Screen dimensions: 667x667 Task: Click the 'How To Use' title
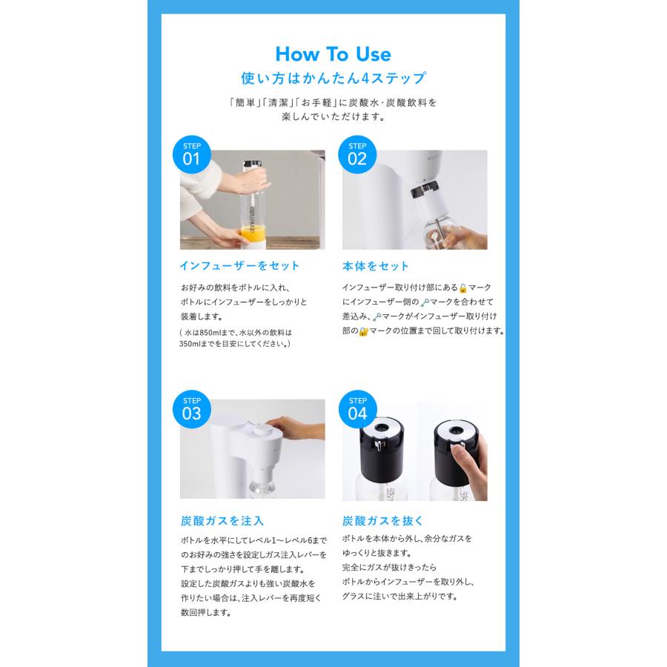click(333, 54)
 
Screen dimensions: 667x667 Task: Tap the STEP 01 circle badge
click(191, 154)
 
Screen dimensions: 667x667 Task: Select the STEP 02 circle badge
click(357, 154)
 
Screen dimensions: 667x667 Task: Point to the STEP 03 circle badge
click(191, 409)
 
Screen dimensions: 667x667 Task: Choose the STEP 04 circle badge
click(357, 409)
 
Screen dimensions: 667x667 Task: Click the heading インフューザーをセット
click(239, 266)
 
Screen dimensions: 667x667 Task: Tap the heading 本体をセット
click(375, 266)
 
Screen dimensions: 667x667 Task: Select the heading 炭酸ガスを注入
click(222, 521)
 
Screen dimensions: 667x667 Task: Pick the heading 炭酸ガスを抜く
click(382, 521)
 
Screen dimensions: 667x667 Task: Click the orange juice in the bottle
click(253, 233)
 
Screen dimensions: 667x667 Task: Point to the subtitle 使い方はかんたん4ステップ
click(333, 79)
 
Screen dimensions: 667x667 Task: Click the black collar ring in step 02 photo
click(424, 189)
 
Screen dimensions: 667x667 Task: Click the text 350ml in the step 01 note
click(189, 344)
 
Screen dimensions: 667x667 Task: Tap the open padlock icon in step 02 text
click(462, 288)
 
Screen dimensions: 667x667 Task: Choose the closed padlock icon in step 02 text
click(363, 331)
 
